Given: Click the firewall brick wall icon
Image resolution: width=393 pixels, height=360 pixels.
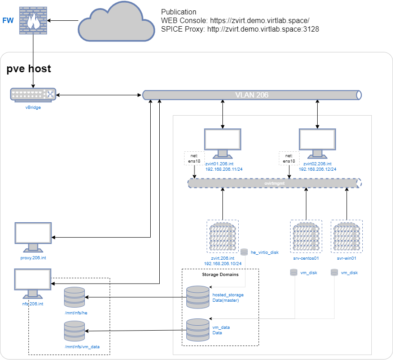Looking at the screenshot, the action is tap(33, 21).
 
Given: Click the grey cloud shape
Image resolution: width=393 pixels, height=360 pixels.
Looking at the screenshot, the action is tap(116, 22).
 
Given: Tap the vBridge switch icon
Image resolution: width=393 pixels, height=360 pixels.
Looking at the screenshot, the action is tap(33, 95).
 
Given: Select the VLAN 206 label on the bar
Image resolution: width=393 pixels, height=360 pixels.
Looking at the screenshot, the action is tap(252, 95).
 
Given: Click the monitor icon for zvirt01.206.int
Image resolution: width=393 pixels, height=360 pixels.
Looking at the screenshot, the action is tap(222, 144).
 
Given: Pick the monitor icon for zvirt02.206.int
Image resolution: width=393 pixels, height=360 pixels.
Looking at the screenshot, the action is tap(317, 144).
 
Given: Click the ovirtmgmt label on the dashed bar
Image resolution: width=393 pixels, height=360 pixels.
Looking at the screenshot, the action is tap(274, 183).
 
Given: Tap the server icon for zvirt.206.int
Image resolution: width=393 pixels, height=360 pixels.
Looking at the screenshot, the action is tap(222, 236).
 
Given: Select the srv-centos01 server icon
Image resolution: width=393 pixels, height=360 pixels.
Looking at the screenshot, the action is tap(306, 236).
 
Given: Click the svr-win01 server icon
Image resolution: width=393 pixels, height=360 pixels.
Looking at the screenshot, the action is tap(347, 236).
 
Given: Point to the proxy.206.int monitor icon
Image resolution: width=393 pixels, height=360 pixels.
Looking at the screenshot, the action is tap(33, 237).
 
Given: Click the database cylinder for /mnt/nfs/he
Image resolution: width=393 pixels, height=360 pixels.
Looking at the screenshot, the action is tap(74, 297).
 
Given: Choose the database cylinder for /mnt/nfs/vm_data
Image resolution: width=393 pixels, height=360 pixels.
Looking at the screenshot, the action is tap(74, 331).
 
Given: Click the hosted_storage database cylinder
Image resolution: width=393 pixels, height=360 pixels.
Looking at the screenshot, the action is tap(198, 297).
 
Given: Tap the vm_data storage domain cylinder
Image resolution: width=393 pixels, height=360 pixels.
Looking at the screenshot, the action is tap(198, 330).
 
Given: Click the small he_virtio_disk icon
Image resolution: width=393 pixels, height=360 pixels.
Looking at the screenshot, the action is tap(244, 252).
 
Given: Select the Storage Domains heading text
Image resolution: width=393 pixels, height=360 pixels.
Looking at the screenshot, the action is tap(220, 275).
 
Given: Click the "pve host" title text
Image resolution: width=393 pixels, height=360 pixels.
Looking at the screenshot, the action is tap(28, 69).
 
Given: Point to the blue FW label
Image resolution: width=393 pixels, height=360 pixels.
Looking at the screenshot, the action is tap(8, 21).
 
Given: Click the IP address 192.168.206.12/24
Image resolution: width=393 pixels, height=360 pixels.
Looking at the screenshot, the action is tap(317, 169).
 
